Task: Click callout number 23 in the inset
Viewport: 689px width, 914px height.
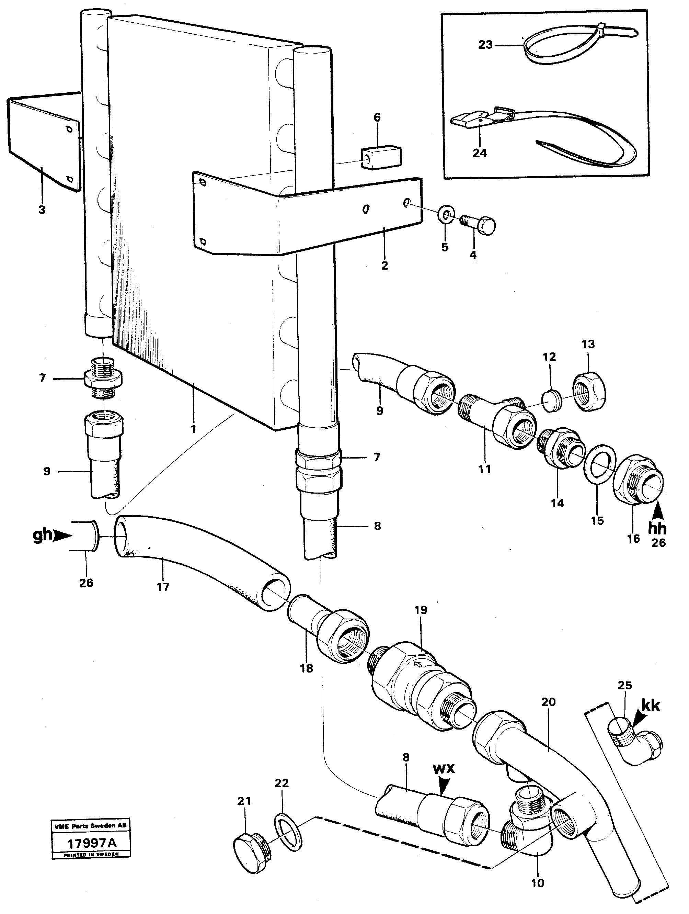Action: (485, 45)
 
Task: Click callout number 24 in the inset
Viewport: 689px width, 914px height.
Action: (479, 153)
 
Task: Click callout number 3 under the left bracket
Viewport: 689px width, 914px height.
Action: (42, 210)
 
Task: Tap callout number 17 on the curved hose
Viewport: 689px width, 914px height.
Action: (163, 586)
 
